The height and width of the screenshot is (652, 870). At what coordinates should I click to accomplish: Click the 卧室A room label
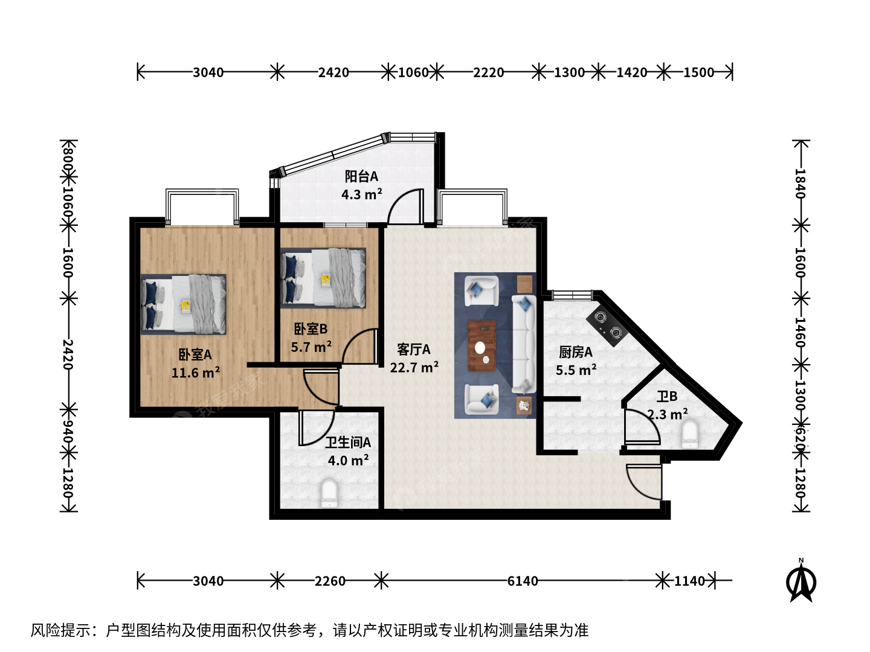pos(195,355)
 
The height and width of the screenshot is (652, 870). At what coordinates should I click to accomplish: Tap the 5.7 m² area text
pos(311,347)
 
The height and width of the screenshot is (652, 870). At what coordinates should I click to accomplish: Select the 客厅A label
pos(413,350)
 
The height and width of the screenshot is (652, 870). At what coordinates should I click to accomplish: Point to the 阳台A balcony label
pos(361,176)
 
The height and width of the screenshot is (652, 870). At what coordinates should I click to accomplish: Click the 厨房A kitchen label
pos(576,352)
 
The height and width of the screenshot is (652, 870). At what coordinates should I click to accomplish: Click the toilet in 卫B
pos(690,435)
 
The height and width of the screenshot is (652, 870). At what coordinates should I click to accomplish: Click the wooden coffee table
pos(482,346)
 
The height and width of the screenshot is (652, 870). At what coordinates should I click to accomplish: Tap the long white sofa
pos(524,344)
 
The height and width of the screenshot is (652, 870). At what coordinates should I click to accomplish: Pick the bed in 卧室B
pos(323,278)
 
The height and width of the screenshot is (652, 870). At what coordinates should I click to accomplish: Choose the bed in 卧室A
pos(184,304)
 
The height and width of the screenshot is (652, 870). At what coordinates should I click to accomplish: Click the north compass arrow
pos(801,583)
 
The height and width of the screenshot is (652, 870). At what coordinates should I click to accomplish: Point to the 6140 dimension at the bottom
pos(523,581)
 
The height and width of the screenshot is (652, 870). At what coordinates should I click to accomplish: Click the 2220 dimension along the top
pos(488,72)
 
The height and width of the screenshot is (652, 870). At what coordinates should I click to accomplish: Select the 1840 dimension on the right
pos(801,184)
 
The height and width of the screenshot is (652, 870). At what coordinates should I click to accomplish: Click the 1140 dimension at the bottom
pos(690,581)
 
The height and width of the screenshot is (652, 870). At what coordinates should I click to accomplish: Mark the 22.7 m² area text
pos(414,368)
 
